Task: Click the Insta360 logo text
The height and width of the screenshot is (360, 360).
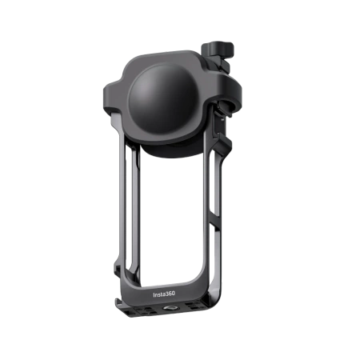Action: pyautogui.click(x=164, y=294)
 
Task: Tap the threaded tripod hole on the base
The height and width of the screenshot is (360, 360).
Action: pyautogui.click(x=168, y=309)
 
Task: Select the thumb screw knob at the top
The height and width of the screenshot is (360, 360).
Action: pyautogui.click(x=218, y=48)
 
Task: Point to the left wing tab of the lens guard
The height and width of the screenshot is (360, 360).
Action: pyautogui.click(x=111, y=96)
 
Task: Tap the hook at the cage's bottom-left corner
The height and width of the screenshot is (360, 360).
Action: pyautogui.click(x=118, y=304)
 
